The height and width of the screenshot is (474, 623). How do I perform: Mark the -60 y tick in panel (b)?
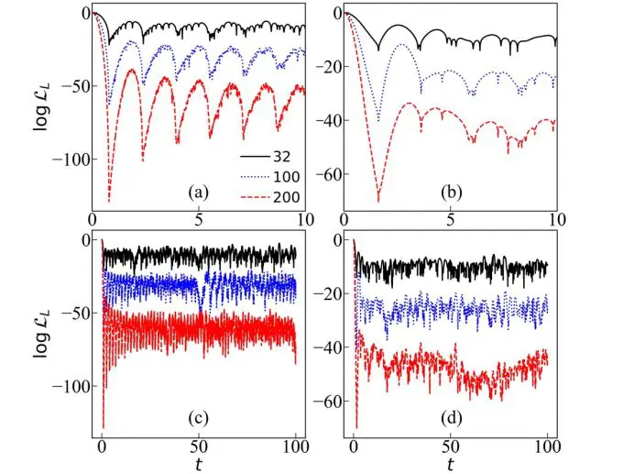tap(324, 174)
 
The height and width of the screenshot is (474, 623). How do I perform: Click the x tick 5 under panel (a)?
tap(198, 222)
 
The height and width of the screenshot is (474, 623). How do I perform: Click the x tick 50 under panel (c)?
tap(198, 449)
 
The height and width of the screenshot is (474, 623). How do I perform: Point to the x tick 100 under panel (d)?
tap(546, 449)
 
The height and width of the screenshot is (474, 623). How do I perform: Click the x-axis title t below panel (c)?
tap(199, 465)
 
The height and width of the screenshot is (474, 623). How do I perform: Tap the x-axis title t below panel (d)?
tap(450, 465)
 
